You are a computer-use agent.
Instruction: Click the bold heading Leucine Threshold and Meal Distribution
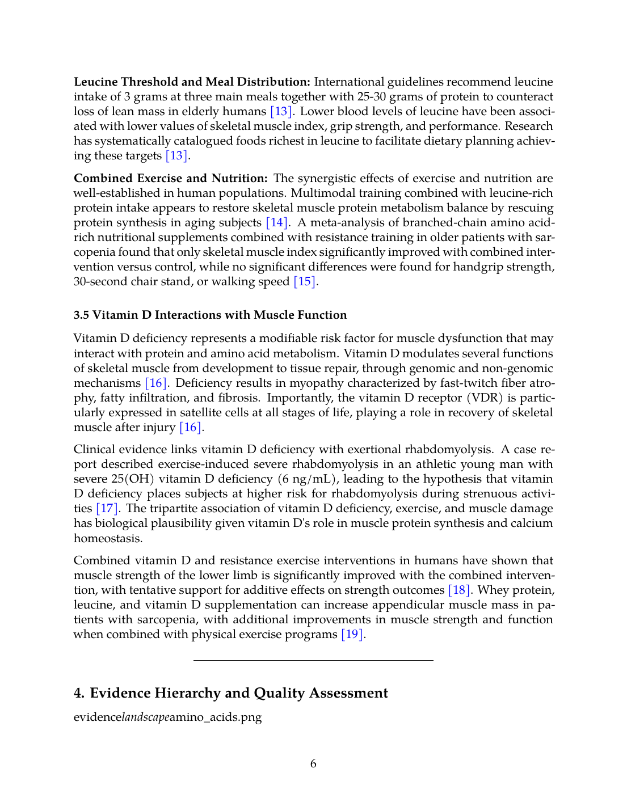tap(192, 82)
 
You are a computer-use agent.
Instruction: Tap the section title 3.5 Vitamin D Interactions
tap(210, 315)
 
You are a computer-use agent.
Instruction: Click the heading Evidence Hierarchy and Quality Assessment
tap(231, 694)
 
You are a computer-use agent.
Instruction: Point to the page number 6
tap(313, 764)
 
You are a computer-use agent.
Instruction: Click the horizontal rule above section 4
tap(313, 661)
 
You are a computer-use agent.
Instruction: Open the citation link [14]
tap(277, 223)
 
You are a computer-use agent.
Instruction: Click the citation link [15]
tap(304, 282)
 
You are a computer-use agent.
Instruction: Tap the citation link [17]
tap(107, 509)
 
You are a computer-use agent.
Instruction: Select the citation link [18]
tap(458, 590)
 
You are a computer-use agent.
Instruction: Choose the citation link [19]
tap(352, 635)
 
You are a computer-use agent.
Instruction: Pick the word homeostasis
tap(107, 538)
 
